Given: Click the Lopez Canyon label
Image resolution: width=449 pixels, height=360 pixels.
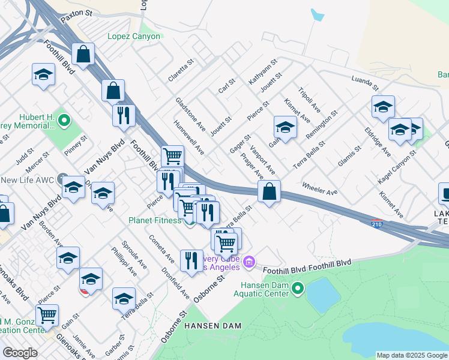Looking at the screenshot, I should [x=134, y=37].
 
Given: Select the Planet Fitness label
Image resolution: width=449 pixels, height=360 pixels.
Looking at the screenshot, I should [x=154, y=220].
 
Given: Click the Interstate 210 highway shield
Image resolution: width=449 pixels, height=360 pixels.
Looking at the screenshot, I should [x=376, y=223].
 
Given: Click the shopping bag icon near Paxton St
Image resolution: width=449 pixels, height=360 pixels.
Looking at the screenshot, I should [x=83, y=55].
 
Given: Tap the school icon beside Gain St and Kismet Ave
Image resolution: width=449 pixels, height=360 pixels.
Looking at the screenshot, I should [x=285, y=127].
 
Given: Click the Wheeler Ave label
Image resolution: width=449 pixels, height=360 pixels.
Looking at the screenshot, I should [x=320, y=189].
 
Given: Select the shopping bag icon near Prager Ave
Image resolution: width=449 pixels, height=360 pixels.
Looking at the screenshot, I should [x=270, y=191].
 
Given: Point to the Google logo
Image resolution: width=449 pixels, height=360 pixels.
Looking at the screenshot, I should [x=20, y=353].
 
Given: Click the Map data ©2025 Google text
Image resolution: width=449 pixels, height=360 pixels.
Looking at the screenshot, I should [x=412, y=355].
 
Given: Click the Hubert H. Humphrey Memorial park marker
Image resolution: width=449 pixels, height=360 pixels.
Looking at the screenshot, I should [x=65, y=122].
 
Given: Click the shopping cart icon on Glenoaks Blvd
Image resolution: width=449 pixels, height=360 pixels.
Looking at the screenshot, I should [x=47, y=314].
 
